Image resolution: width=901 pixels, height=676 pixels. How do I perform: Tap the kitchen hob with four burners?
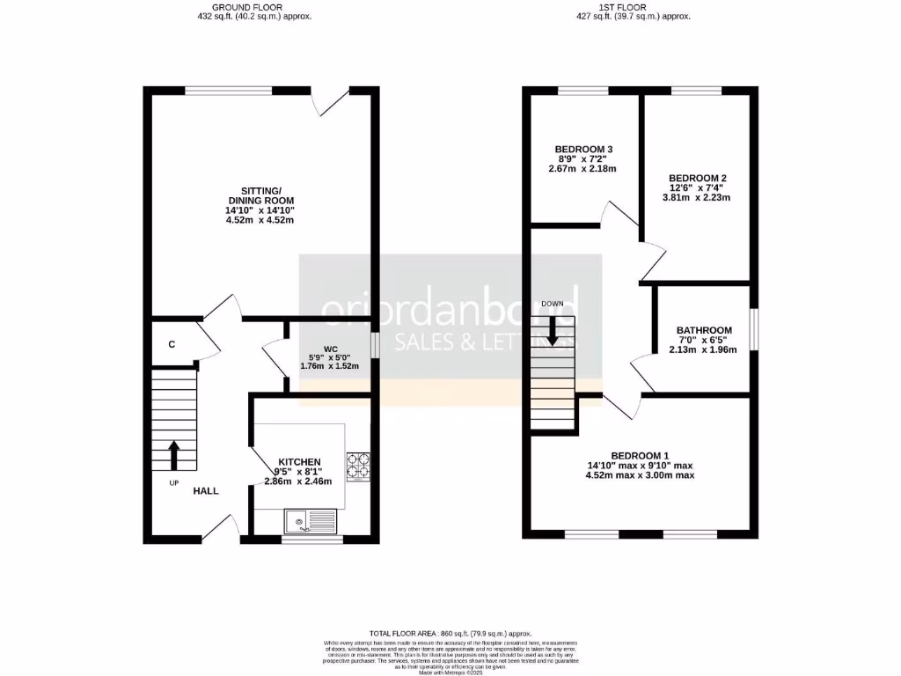(x=358, y=467)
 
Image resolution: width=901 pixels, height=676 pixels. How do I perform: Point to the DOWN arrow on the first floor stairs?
(x=553, y=330)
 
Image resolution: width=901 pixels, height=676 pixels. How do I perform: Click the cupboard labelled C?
(x=172, y=343)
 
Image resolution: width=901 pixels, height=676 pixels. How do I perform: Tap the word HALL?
(x=206, y=491)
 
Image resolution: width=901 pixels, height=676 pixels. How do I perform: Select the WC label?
(x=330, y=348)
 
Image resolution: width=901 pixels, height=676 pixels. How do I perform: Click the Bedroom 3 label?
(x=583, y=149)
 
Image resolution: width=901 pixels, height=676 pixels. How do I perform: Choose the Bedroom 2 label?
(x=698, y=177)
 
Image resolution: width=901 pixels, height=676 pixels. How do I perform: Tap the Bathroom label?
(x=704, y=330)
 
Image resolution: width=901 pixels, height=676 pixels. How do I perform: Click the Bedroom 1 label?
(x=640, y=455)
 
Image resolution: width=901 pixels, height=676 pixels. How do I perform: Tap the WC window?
(x=376, y=345)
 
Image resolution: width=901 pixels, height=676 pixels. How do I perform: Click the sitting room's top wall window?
(x=229, y=90)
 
